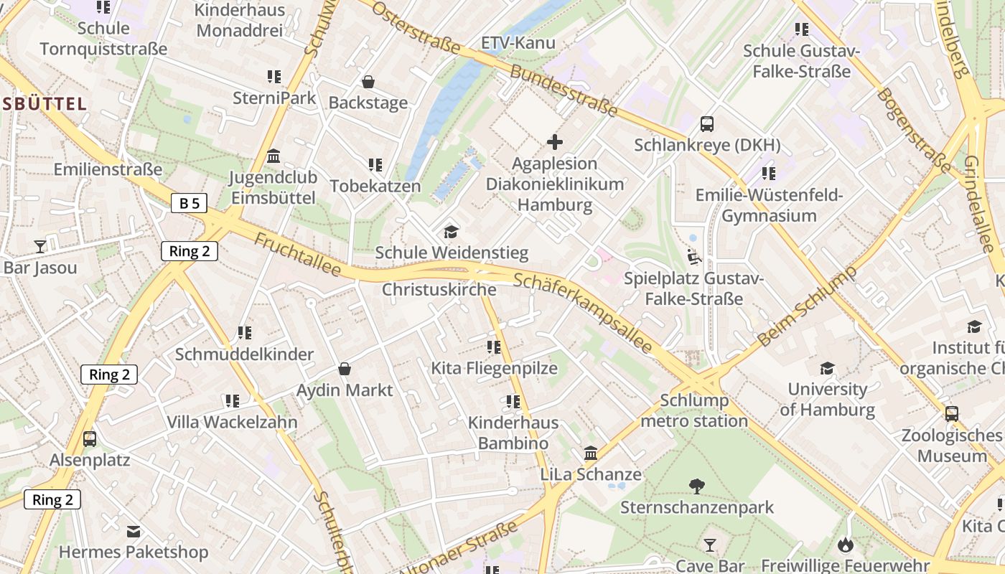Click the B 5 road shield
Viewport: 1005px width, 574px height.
coord(190,203)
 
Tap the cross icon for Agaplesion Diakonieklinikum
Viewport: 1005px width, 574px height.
coord(555,142)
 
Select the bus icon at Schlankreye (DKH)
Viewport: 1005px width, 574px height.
coord(707,123)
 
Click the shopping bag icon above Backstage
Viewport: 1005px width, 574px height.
coord(368,82)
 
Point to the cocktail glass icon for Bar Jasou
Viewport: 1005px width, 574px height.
coord(40,247)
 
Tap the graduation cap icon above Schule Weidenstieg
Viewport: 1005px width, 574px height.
coord(451,232)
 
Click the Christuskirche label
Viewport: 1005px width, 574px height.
coord(439,290)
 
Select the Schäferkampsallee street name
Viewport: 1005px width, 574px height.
coord(583,314)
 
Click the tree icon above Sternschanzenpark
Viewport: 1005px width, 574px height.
coord(696,486)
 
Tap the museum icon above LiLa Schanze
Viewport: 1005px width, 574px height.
coord(591,453)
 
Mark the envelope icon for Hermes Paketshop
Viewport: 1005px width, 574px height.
coord(134,532)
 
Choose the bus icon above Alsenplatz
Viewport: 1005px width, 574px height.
coord(90,438)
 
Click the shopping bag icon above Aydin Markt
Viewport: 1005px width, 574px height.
coord(345,369)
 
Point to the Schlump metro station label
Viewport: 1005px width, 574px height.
coord(693,410)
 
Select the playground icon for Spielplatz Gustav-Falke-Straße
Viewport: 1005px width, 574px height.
coord(693,256)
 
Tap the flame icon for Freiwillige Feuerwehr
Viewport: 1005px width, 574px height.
coord(845,545)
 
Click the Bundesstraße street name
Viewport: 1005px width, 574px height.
coord(564,91)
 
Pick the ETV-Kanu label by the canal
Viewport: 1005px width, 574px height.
coord(518,42)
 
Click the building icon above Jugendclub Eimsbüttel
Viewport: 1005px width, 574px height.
coord(273,156)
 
